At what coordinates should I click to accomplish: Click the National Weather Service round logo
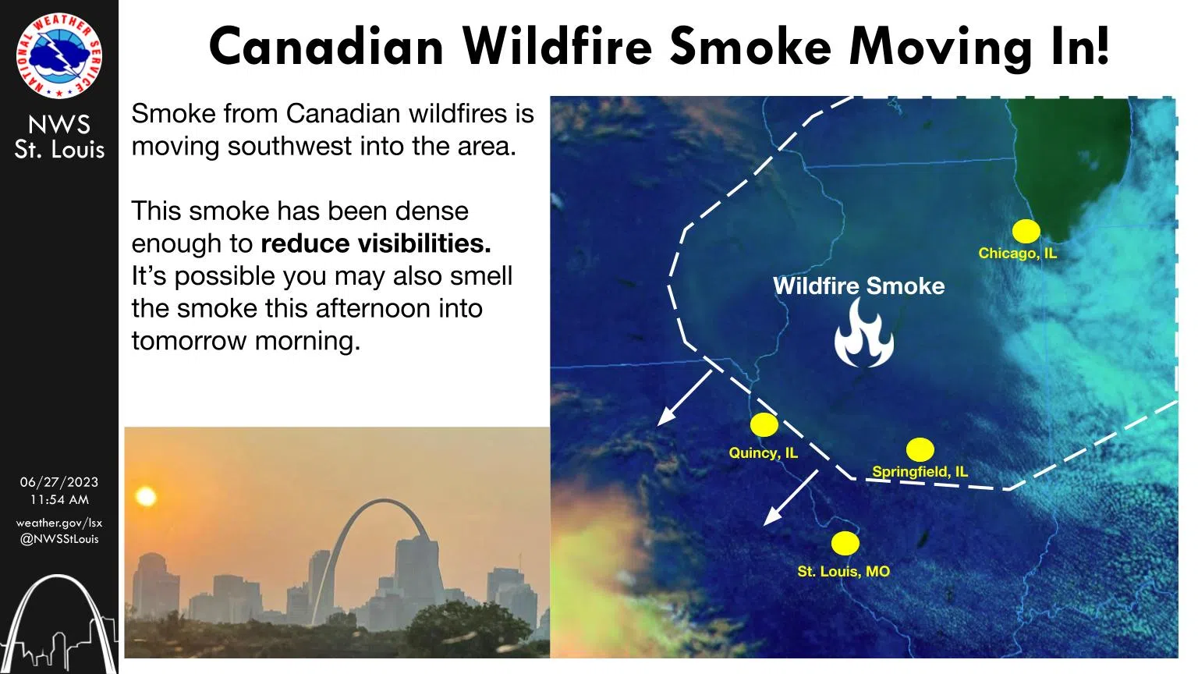point(58,55)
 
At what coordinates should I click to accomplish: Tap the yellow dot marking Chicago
point(1026,231)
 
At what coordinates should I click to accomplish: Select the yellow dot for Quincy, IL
point(764,424)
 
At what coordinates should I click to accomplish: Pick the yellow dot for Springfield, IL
point(920,449)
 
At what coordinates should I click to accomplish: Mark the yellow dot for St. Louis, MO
point(845,544)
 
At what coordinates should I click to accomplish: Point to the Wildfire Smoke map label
point(859,286)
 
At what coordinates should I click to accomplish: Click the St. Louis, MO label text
point(843,571)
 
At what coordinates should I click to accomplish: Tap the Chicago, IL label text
point(1017,253)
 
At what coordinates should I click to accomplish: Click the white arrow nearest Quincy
point(685,397)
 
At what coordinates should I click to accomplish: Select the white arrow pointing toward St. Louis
point(791,498)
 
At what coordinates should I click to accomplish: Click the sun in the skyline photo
point(146,496)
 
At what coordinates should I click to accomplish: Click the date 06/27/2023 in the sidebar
point(58,482)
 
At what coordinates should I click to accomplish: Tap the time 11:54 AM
point(59,499)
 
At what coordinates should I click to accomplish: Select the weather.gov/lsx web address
point(58,523)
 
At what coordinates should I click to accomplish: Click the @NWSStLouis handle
point(58,539)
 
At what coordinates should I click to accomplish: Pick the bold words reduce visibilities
point(375,244)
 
